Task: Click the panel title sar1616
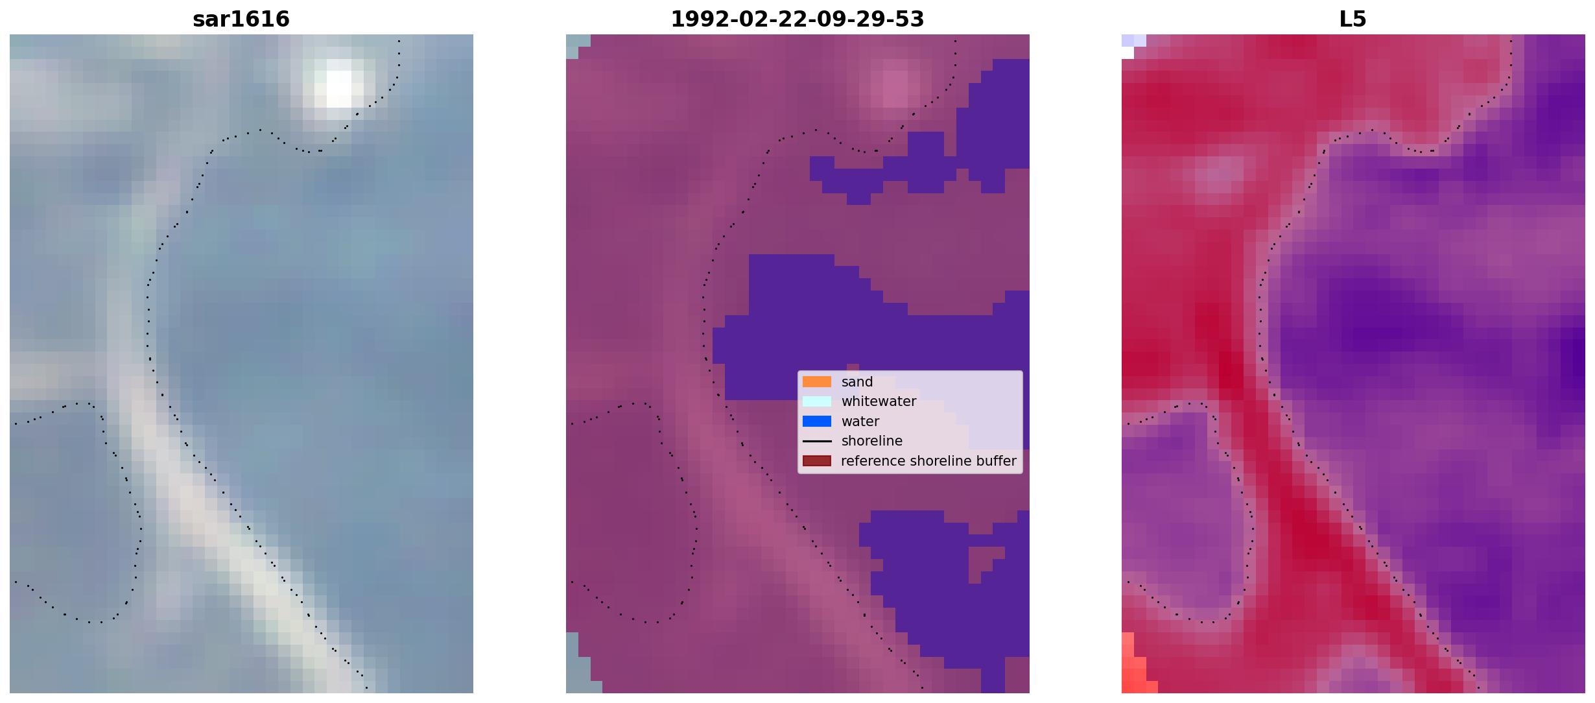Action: point(241,19)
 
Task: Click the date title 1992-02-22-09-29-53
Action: point(797,19)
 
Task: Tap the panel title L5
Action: point(1353,19)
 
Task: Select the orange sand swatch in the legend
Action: point(817,382)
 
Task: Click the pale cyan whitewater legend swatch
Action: point(817,401)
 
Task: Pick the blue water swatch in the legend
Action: point(817,422)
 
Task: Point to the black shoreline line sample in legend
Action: point(817,441)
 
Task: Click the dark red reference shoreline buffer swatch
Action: point(817,461)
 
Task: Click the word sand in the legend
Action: point(857,382)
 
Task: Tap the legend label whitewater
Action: point(879,401)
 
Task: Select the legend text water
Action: point(860,422)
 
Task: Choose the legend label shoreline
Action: point(871,441)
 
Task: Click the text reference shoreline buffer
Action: point(928,461)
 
